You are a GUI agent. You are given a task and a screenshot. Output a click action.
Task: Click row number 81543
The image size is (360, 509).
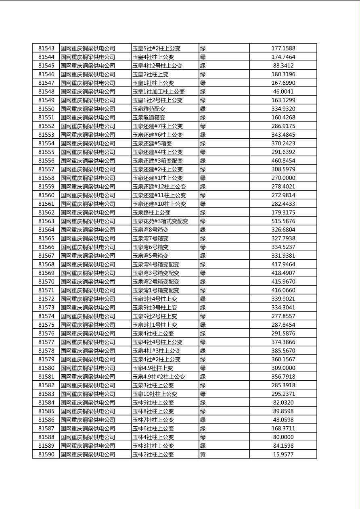pos(46,48)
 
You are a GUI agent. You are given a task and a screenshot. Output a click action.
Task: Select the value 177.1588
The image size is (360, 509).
pos(283,48)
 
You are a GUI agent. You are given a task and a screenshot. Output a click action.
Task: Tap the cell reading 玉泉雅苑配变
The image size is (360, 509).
pos(149,109)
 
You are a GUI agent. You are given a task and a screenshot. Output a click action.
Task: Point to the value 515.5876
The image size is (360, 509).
pos(283,221)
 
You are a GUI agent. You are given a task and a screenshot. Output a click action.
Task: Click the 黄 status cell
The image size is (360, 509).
pos(203,455)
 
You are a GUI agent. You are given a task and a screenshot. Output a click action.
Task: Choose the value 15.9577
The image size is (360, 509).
pos(283,455)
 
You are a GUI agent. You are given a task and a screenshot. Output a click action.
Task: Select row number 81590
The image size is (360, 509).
pos(46,455)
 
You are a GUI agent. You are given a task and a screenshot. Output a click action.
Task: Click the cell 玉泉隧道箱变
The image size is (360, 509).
pos(149,117)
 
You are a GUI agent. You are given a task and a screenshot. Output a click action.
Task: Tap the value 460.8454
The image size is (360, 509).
pos(283,161)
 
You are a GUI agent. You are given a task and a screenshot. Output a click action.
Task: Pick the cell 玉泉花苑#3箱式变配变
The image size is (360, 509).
pos(160,221)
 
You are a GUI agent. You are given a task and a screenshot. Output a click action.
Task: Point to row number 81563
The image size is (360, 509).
pos(46,221)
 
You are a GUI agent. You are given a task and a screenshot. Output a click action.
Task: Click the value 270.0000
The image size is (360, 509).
pos(283,178)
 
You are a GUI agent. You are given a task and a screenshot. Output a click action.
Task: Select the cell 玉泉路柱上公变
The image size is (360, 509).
pos(151,213)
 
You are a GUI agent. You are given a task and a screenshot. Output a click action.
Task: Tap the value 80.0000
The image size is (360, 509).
pos(283,437)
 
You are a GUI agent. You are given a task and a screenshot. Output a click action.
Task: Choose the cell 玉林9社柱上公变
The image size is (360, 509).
pos(153,403)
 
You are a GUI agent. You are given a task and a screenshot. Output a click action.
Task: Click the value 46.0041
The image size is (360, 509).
pos(283,92)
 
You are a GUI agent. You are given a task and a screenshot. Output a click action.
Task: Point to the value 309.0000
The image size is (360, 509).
pos(283,368)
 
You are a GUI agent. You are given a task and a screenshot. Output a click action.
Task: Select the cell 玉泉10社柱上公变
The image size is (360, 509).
pos(155,394)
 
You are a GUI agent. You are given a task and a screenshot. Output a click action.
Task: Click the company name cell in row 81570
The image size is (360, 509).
pos(88,282)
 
